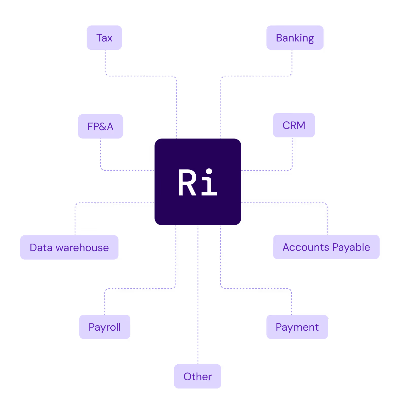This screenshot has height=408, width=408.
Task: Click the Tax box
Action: point(104,38)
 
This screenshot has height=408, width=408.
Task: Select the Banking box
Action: point(295,38)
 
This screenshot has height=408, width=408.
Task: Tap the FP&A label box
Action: point(100,126)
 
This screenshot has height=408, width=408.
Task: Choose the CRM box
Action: point(294,125)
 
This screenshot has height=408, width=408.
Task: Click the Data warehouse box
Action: point(69,247)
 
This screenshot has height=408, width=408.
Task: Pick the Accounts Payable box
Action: point(326,247)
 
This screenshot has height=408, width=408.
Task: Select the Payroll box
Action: point(105,327)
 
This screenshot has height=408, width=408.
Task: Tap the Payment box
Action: point(297,327)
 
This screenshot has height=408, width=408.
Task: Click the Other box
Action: point(197,377)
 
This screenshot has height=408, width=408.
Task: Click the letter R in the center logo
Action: point(187,183)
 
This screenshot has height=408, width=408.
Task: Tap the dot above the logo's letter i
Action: point(209,172)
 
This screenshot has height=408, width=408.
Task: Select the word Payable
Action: point(351,247)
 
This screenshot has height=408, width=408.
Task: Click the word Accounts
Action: point(306,247)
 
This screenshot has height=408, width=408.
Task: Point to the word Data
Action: point(41,248)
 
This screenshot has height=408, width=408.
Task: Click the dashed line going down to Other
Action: point(198,304)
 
